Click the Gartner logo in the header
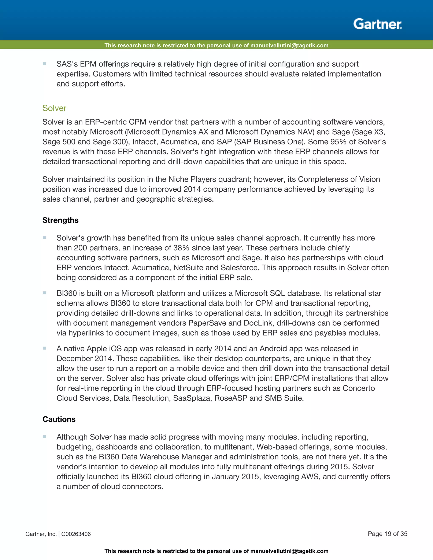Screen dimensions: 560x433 click(377, 24)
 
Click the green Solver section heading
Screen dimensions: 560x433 click(54, 108)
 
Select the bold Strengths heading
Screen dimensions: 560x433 click(60, 220)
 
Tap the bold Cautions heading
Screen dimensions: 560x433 click(59, 419)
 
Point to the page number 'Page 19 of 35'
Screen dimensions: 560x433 click(387, 534)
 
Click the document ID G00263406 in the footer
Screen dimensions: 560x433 click(76, 534)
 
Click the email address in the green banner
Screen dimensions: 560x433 click(289, 46)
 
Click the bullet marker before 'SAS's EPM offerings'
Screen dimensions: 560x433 click(44, 64)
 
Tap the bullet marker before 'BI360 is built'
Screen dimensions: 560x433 click(44, 293)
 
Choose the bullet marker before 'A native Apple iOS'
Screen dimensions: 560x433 click(44, 348)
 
